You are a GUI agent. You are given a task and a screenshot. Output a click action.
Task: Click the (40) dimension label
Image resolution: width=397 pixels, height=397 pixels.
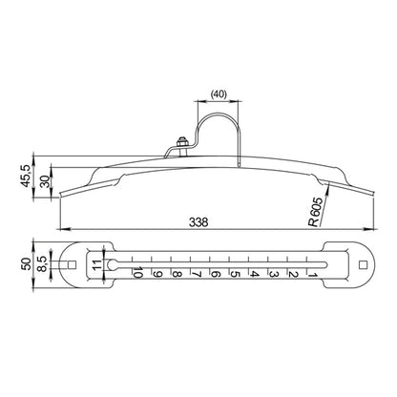pyautogui.click(x=219, y=94)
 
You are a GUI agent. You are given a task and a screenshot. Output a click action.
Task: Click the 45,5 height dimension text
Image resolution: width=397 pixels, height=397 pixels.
pyautogui.click(x=26, y=176)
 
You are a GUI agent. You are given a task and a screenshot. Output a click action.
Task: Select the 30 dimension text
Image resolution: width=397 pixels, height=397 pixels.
pyautogui.click(x=46, y=181)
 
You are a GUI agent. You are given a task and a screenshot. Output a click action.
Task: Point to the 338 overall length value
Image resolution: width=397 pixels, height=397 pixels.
pyautogui.click(x=198, y=222)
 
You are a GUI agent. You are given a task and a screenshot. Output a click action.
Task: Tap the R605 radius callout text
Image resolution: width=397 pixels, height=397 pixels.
pyautogui.click(x=316, y=212)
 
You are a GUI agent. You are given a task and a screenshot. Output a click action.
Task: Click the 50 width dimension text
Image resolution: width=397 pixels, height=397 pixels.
pyautogui.click(x=27, y=263)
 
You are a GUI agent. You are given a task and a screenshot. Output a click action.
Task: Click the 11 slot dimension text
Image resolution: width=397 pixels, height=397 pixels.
pyautogui.click(x=97, y=264)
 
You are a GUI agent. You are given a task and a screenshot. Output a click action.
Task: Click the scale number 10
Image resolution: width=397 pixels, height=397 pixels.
pyautogui.click(x=137, y=273)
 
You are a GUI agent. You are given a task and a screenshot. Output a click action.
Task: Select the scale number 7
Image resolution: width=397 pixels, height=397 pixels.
pyautogui.click(x=197, y=274)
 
